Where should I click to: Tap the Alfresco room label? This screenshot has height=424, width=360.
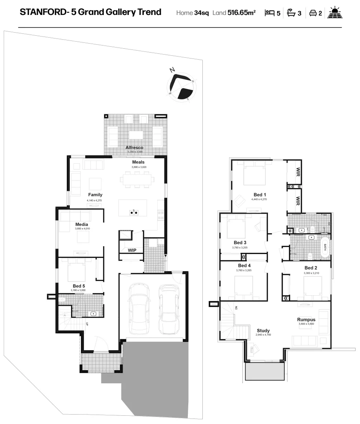pos(134,148)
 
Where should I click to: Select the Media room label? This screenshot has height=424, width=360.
pos(81,225)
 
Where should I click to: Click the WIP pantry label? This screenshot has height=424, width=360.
pos(132,250)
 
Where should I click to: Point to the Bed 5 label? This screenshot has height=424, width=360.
pos(79,286)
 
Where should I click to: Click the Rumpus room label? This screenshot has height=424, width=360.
pos(306,320)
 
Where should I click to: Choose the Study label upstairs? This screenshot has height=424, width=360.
pos(263,331)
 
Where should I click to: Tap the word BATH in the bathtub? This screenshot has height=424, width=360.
pos(325,247)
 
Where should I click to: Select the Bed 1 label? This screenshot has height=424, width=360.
pos(260,195)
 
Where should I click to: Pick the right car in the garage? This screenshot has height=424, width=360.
pos(169,308)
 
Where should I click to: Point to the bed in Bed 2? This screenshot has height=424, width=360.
pos(312,289)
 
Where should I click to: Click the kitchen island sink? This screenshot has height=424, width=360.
pos(134,212)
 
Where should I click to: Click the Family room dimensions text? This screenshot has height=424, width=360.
pos(94,200)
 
